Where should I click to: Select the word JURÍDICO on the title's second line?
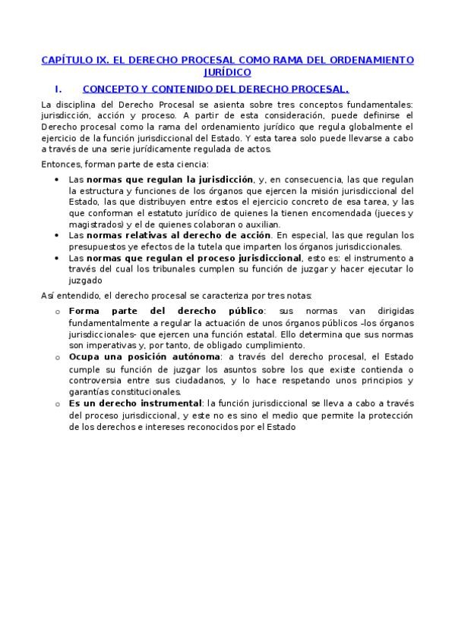coord(227,72)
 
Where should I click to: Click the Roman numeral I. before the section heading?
coord(58,88)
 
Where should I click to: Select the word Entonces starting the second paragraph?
coord(61,164)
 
